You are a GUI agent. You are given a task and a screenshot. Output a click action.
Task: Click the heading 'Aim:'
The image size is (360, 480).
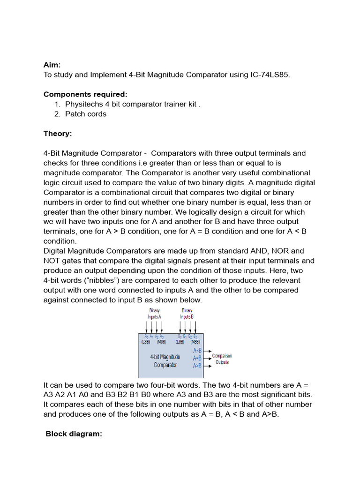[52, 65]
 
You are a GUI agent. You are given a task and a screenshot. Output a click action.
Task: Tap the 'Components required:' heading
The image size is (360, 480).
[85, 94]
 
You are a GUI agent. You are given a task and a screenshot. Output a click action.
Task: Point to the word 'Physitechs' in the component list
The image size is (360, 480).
[86, 104]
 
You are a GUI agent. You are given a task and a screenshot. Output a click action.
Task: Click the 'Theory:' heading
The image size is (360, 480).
[58, 134]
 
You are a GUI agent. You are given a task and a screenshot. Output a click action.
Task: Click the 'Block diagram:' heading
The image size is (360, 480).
[74, 434]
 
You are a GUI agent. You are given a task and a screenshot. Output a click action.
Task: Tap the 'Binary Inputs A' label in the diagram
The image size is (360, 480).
[154, 314]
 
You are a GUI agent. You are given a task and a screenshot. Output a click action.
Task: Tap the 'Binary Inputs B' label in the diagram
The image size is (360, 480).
[187, 314]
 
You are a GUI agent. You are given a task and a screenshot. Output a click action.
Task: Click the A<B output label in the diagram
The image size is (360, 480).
[197, 350]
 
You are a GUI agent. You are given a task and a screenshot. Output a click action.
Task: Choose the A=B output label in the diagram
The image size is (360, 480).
[197, 358]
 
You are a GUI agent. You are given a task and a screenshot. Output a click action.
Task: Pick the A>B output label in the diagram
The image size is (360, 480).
[197, 366]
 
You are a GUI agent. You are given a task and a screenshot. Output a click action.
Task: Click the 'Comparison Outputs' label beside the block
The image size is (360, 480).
[222, 359]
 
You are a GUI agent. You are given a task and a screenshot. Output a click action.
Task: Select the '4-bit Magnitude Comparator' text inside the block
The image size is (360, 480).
[165, 361]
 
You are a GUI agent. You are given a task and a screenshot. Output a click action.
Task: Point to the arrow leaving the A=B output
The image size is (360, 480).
[207, 358]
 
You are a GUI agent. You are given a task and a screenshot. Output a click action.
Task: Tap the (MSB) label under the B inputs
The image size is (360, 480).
[195, 342]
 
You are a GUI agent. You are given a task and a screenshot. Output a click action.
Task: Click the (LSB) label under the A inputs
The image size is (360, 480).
[146, 342]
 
